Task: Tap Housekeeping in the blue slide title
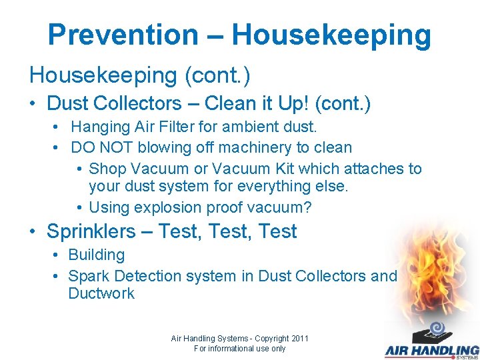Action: pyautogui.click(x=331, y=35)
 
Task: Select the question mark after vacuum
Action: pyautogui.click(x=307, y=207)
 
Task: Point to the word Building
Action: pyautogui.click(x=97, y=255)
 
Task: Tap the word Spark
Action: pyautogui.click(x=89, y=276)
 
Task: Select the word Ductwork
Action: pyautogui.click(x=101, y=293)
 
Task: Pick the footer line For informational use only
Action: pyautogui.click(x=239, y=349)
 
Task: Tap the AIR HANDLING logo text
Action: pyautogui.click(x=432, y=349)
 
